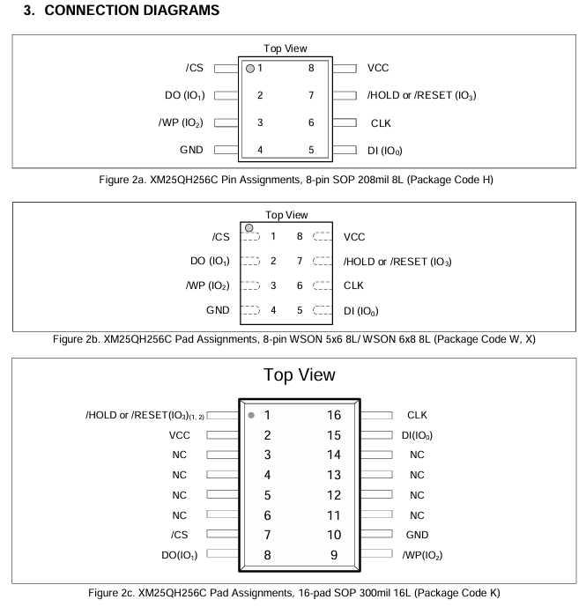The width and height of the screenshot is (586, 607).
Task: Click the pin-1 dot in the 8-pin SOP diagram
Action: click(x=250, y=68)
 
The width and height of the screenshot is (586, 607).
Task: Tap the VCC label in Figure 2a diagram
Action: click(x=377, y=68)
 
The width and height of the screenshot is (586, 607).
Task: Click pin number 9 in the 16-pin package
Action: click(x=332, y=554)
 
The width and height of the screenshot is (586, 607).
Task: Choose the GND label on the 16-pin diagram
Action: click(x=417, y=534)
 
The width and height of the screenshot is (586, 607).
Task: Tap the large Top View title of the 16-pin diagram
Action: click(x=300, y=374)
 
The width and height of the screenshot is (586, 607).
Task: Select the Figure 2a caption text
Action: click(x=293, y=181)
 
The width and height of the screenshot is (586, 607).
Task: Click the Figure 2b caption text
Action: click(x=293, y=338)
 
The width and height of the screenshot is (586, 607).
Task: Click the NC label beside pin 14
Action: click(x=417, y=455)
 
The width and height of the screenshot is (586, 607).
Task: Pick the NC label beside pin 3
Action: click(x=180, y=455)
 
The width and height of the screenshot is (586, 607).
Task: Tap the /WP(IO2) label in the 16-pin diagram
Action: click(x=424, y=554)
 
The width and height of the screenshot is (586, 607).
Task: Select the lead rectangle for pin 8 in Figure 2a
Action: click(x=345, y=68)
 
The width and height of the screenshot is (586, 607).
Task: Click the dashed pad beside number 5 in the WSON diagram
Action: click(x=323, y=310)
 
